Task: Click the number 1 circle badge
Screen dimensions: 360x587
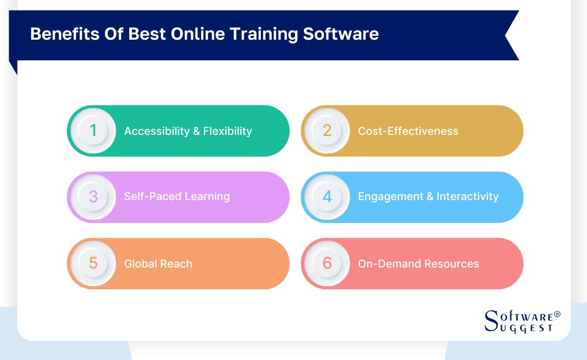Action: (x=93, y=131)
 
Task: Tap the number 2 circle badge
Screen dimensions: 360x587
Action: (x=327, y=131)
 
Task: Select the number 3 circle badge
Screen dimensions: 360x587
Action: (x=93, y=197)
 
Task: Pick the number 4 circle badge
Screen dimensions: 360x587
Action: (x=327, y=197)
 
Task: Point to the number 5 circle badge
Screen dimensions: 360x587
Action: (x=93, y=264)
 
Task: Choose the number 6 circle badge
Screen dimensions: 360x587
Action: (x=327, y=264)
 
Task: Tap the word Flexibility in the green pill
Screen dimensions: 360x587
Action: (x=228, y=131)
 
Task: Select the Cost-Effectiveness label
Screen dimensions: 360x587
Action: (x=408, y=131)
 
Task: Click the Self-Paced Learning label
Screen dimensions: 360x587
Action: (x=177, y=197)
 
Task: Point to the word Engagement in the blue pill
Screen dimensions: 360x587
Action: (x=390, y=197)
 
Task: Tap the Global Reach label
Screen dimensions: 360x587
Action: (x=158, y=264)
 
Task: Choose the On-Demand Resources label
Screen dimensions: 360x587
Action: (x=418, y=264)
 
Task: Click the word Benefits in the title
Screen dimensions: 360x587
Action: (x=61, y=34)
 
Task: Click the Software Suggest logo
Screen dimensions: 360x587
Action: (x=521, y=321)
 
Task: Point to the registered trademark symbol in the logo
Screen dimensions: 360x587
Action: (x=557, y=314)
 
